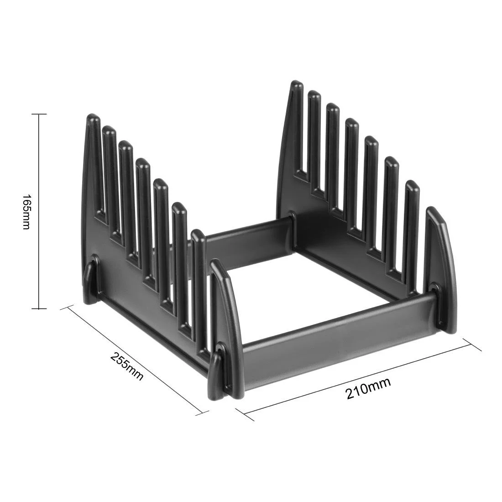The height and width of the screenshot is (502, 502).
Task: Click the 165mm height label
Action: (x=26, y=212)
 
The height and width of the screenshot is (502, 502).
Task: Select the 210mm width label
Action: (x=368, y=389)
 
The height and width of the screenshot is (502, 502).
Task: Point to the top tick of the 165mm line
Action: (x=38, y=114)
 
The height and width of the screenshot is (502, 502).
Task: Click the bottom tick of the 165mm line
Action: (x=38, y=309)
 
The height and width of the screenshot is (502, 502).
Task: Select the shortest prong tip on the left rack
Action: (x=197, y=235)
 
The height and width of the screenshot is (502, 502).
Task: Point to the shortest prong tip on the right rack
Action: (x=412, y=185)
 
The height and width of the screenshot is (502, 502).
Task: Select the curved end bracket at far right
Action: (x=440, y=265)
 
